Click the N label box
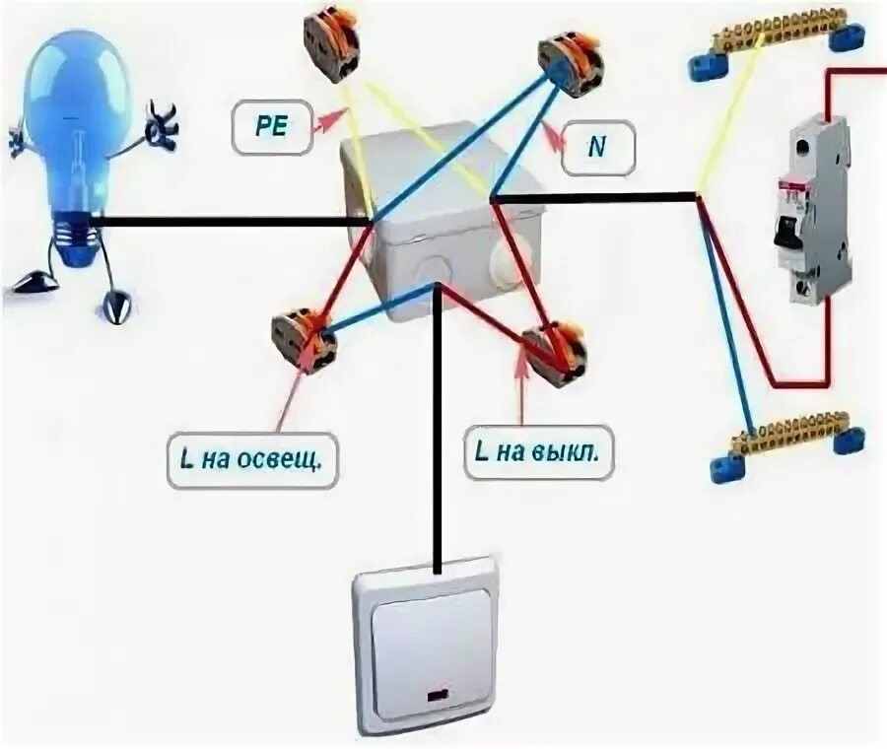pos(596,148)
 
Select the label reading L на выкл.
pos(536,452)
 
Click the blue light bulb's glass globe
pos(78,118)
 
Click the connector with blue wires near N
pos(571,63)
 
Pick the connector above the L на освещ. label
pos(304,338)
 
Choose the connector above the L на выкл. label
pos(556,351)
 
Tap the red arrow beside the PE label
pos(329,121)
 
